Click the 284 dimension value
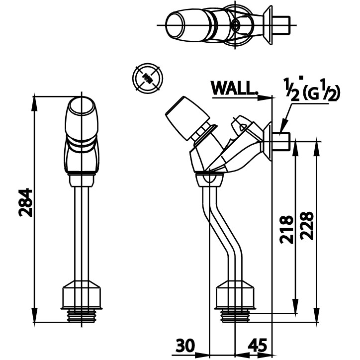click(x=25, y=203)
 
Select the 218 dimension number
click(x=286, y=229)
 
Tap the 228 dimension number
click(x=307, y=226)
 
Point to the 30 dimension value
click(x=185, y=345)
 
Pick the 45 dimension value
click(x=258, y=345)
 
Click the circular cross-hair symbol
click(x=148, y=78)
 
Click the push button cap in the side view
click(x=187, y=118)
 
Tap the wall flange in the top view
click(x=268, y=25)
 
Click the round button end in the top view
click(x=175, y=25)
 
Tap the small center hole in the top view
click(x=235, y=24)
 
